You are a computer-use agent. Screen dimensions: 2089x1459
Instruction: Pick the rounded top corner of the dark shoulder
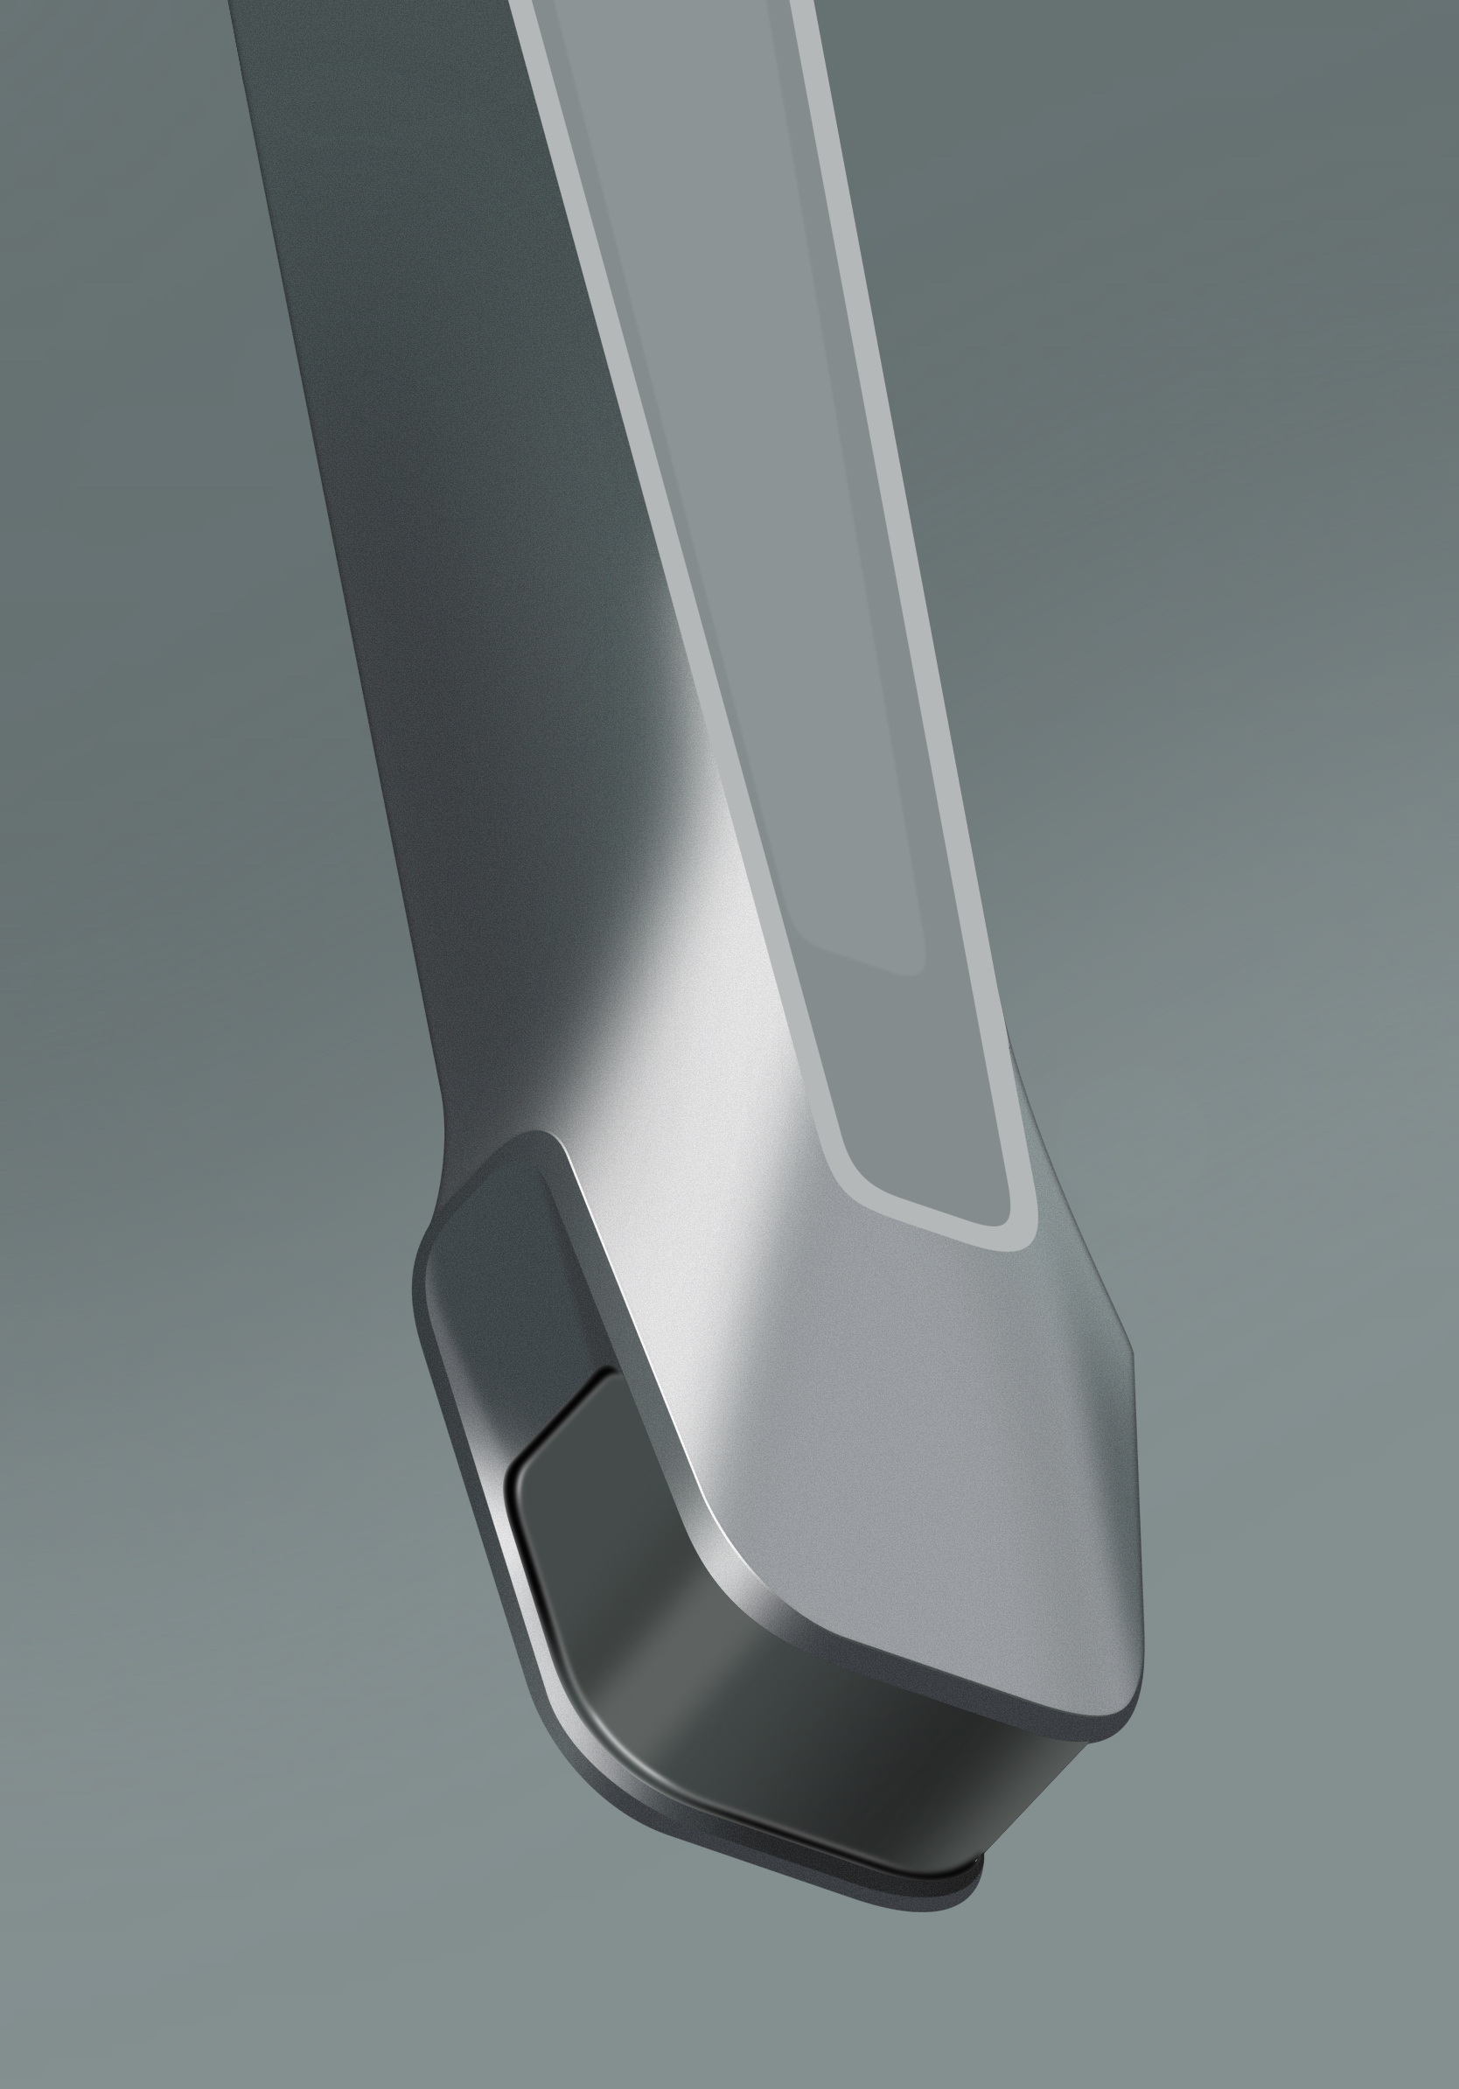click(x=537, y=1137)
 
